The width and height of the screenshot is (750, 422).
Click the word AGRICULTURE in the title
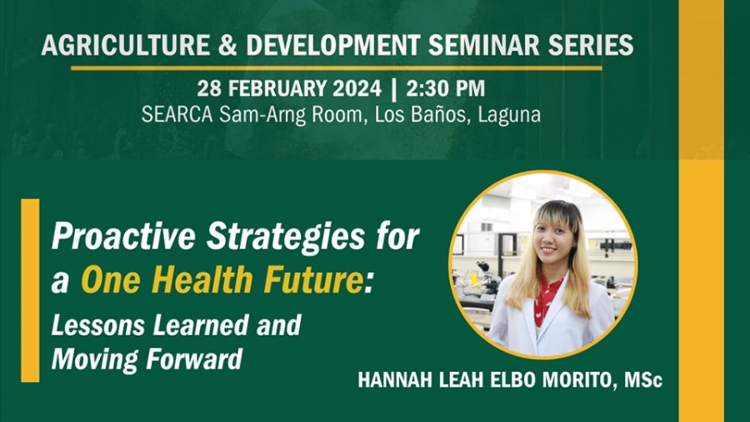click(x=126, y=45)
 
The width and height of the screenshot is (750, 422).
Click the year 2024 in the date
click(x=357, y=88)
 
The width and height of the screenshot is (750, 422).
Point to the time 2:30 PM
click(x=445, y=88)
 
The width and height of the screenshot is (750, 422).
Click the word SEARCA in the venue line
click(x=177, y=115)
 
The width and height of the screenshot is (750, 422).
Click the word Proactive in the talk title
click(x=123, y=236)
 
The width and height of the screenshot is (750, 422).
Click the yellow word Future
click(x=313, y=279)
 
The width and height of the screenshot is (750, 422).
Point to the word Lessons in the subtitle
click(x=98, y=325)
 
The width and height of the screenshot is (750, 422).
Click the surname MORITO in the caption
click(x=577, y=380)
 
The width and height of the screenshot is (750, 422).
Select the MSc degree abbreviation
click(x=642, y=380)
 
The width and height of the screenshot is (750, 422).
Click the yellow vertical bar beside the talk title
click(x=30, y=290)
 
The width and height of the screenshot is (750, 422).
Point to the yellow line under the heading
click(x=337, y=68)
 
